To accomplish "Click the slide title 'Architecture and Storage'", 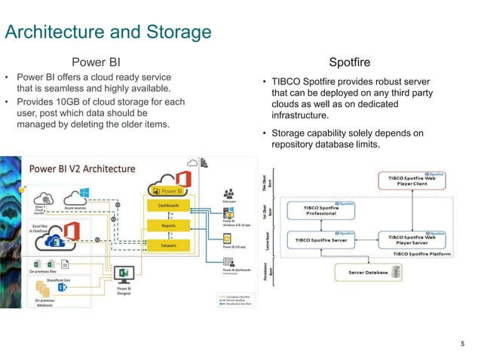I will point(108,32).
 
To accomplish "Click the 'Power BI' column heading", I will point(96,62).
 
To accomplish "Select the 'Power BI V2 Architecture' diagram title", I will point(83,169).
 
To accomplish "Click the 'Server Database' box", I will point(367,271).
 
